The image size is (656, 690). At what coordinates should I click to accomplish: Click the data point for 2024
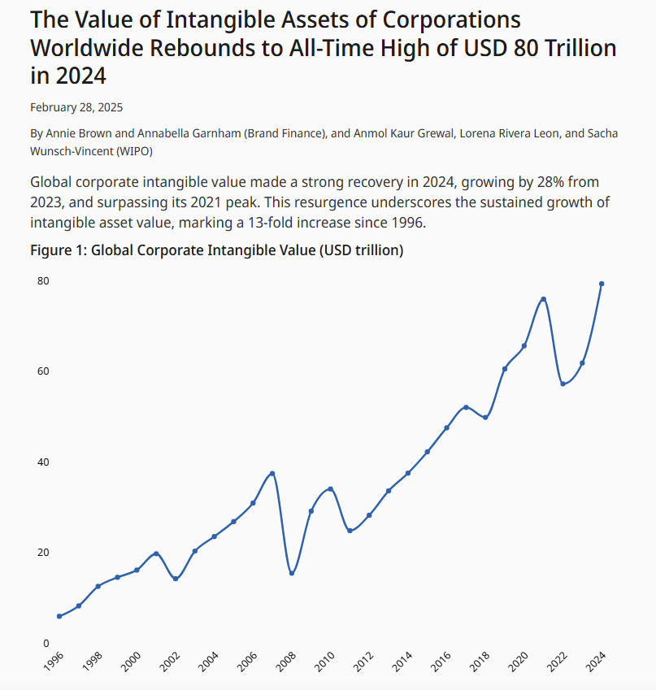click(x=602, y=284)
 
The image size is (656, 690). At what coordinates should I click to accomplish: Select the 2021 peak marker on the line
click(x=543, y=300)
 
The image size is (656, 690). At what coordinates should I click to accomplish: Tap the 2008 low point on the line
click(x=292, y=574)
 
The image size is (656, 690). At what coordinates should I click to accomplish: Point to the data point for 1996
click(x=59, y=616)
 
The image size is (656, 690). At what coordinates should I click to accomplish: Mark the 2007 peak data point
click(x=272, y=473)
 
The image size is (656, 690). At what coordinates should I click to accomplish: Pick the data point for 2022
click(x=563, y=384)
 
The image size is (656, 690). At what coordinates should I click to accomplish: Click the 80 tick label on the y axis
click(x=42, y=281)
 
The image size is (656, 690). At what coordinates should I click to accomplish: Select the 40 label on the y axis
click(x=42, y=462)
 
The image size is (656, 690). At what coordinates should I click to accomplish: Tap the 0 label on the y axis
click(x=46, y=644)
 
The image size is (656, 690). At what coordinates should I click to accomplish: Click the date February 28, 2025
click(x=76, y=106)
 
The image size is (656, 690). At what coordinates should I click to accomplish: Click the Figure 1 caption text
click(x=216, y=250)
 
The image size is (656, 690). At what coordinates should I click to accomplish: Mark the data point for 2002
click(x=176, y=579)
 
